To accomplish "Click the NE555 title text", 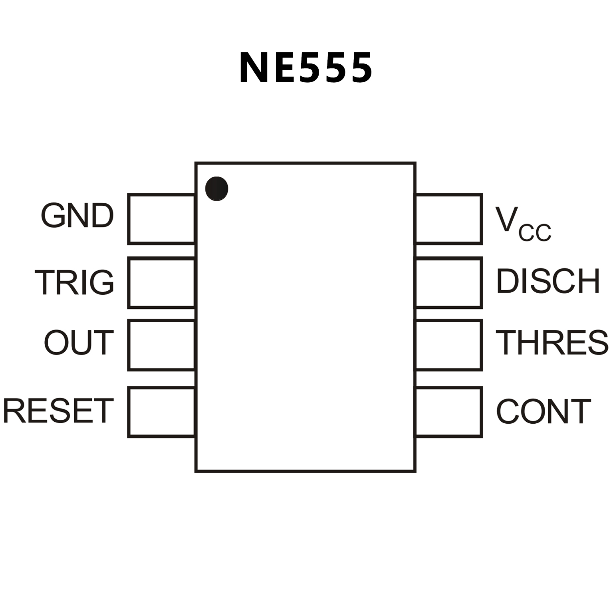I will click(306, 68).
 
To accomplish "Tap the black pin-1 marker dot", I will click(216, 188).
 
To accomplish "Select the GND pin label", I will click(77, 216).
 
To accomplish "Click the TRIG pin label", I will click(75, 282).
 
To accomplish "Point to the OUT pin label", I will click(79, 343).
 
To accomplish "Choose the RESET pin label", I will click(58, 411).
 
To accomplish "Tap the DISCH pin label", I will click(548, 281).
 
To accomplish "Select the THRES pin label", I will click(552, 343).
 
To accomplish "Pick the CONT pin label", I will click(543, 411).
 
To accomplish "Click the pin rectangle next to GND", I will click(161, 219).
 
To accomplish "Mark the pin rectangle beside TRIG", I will click(161, 283).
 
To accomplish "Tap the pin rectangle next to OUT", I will click(161, 345).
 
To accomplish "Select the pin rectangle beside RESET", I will click(161, 412).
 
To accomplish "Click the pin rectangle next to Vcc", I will click(449, 219).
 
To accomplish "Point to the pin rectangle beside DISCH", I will click(449, 283).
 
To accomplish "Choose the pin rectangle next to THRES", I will click(449, 345).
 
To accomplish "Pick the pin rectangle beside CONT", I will click(449, 412).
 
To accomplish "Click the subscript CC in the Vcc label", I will click(535, 232).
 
